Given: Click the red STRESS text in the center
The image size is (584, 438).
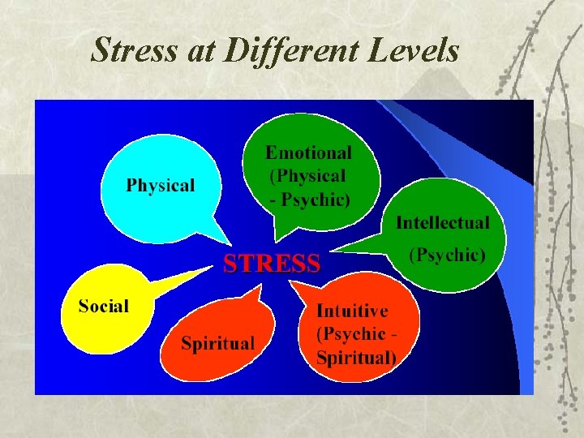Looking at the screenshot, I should click(x=272, y=263).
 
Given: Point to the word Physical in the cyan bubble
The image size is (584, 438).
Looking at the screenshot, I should click(x=161, y=185).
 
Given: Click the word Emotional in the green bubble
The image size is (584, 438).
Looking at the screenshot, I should click(x=309, y=152).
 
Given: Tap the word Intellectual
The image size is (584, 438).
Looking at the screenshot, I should click(x=443, y=222).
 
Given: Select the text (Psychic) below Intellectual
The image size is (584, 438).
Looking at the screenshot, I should click(x=447, y=255).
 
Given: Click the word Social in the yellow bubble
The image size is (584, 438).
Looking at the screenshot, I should click(x=104, y=307).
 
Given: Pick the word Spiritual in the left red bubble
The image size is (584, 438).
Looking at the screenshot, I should click(x=218, y=343).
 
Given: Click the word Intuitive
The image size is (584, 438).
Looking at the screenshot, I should click(x=352, y=311).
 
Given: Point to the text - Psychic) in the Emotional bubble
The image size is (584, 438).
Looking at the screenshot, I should click(x=310, y=200).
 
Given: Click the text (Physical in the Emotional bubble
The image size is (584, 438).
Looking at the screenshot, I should click(x=307, y=176).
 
